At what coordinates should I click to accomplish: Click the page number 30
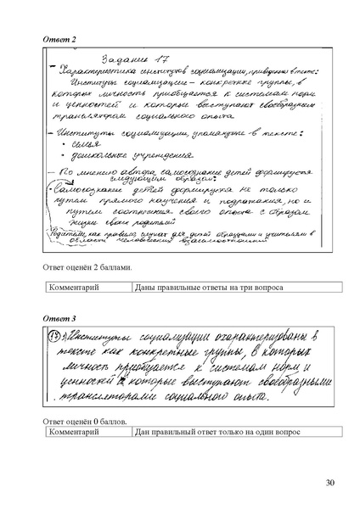point(329,484)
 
